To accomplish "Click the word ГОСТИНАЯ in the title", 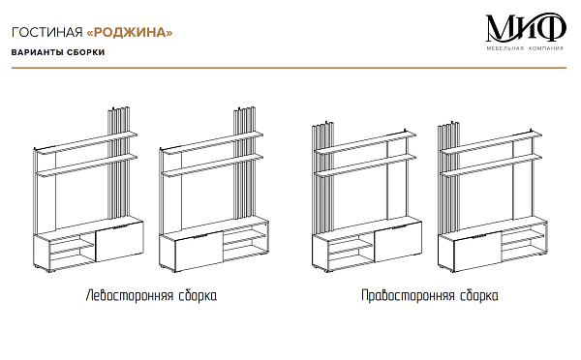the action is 47,32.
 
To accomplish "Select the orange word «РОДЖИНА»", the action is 130,32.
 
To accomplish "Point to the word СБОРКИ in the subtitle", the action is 85,52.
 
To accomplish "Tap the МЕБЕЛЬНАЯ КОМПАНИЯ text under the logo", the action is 525,48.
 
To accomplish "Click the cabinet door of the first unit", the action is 119,242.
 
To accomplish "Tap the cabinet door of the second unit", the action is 199,251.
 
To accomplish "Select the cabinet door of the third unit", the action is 398,242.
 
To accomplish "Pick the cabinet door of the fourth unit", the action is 478,251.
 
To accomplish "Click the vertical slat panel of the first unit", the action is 118,163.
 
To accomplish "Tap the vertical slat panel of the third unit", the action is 323,178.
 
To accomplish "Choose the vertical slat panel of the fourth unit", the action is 449,178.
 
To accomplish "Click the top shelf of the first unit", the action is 87,142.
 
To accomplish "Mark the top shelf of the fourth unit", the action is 491,142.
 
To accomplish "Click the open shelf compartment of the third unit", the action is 351,253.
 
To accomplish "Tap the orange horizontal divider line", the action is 289,68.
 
